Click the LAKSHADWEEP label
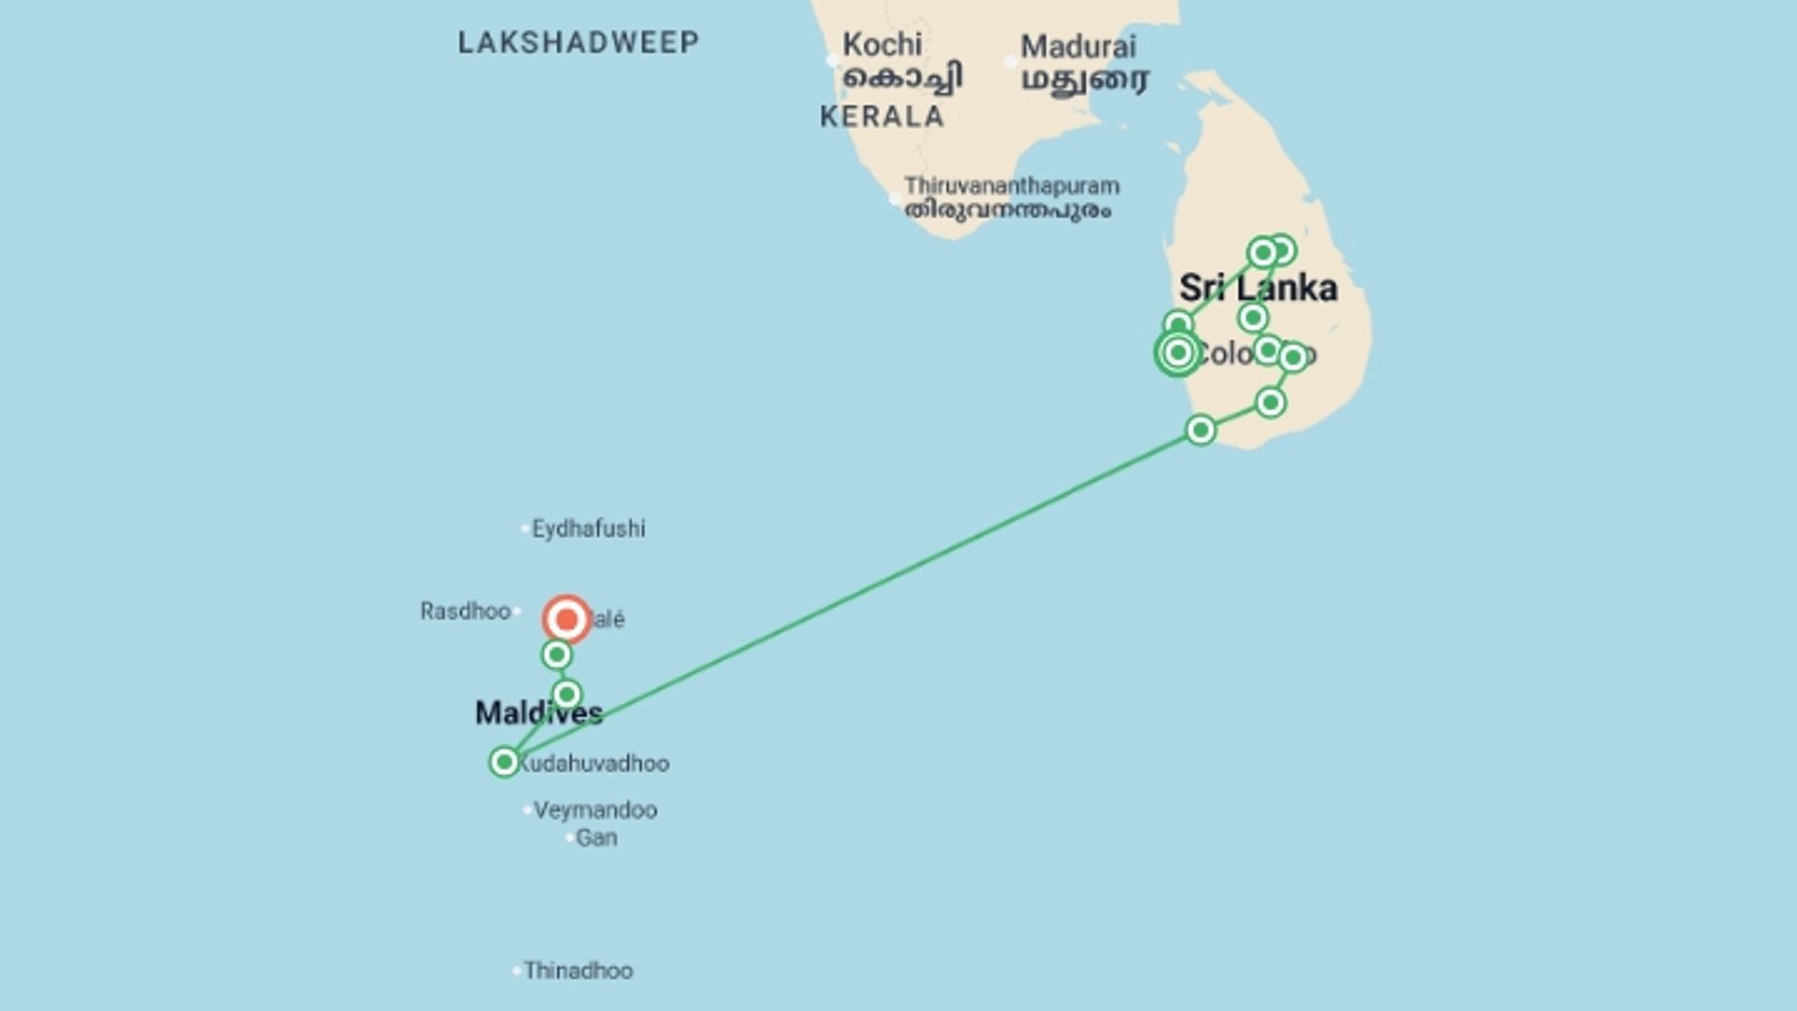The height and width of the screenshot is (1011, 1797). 578,43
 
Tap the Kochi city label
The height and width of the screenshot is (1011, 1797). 882,45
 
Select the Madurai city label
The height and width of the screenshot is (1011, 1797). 1078,47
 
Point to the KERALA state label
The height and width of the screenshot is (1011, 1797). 882,117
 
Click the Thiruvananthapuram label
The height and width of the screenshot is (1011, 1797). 1011,186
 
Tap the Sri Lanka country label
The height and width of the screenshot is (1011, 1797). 1258,288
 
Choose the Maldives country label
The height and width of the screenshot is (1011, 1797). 538,713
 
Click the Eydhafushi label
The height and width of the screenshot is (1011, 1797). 588,529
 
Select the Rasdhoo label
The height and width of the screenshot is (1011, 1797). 465,611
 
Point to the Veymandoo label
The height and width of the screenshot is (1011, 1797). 595,810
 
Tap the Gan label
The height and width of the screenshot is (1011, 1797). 596,838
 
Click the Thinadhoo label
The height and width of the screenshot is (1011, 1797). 577,971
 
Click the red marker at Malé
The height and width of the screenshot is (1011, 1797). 566,620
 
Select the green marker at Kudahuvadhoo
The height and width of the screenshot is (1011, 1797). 504,762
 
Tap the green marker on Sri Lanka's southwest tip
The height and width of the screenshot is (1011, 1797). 1201,430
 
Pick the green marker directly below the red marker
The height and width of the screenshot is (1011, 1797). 557,654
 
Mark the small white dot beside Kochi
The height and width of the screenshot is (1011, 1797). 832,61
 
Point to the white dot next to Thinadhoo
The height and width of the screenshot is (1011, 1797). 517,971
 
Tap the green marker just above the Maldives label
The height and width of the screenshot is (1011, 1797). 566,694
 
